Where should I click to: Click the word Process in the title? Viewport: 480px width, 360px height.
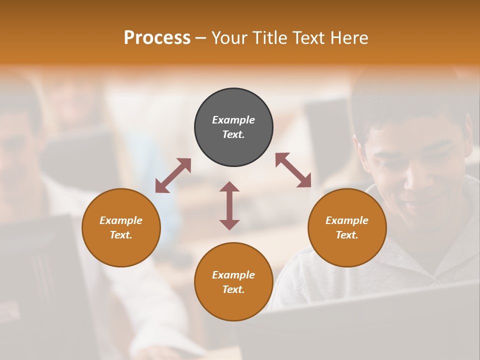157,37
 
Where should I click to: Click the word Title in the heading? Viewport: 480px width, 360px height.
268,37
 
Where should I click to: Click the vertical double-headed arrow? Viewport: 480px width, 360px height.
229,205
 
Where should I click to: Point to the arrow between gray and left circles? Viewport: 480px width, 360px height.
173,175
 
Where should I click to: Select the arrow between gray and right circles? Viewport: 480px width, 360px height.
293,170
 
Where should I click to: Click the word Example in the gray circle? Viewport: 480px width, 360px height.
233,120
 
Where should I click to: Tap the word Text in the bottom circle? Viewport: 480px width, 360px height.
232,289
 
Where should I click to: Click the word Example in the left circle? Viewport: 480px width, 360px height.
121,220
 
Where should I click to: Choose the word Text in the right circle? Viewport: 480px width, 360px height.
346,235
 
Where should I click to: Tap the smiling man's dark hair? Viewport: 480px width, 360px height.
400,100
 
